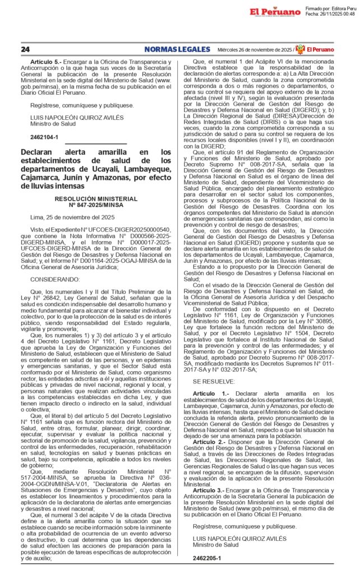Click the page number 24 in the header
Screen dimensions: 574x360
25,49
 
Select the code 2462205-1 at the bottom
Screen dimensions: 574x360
206,558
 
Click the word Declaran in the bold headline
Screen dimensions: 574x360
39,152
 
